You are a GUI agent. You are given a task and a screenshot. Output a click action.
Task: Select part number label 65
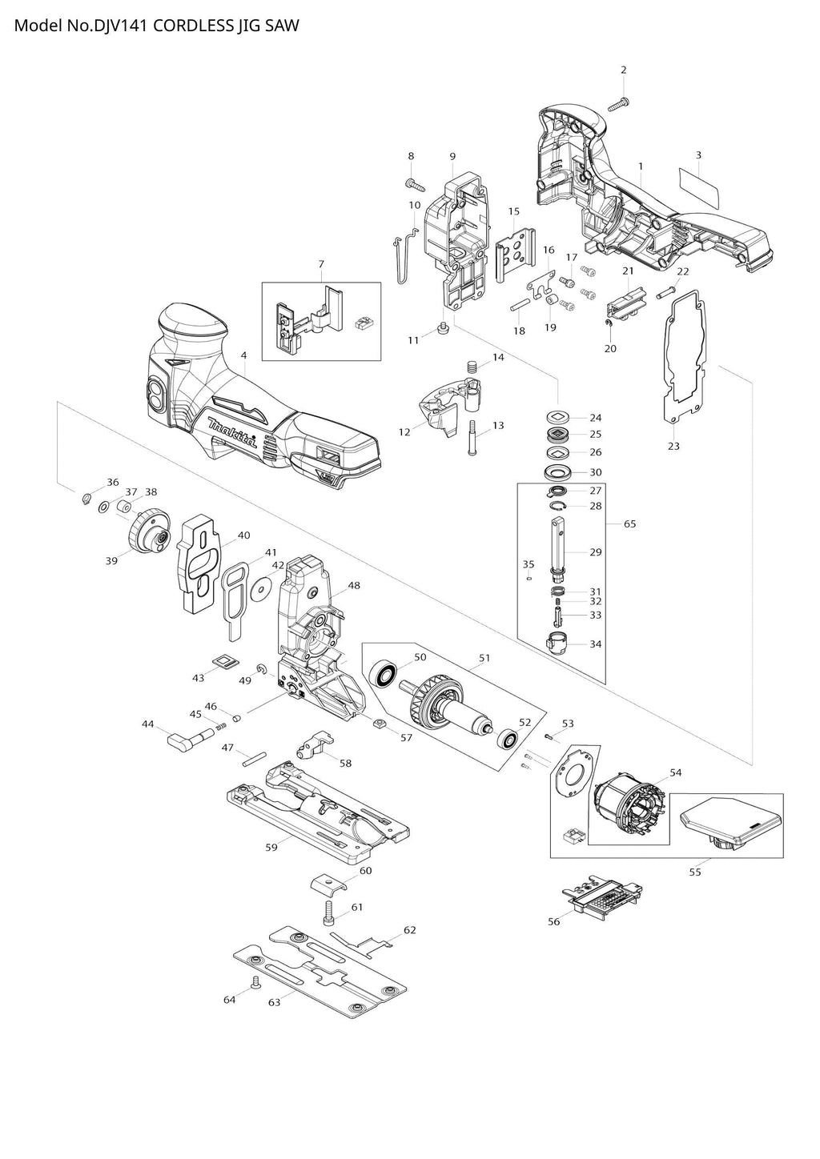click(x=630, y=523)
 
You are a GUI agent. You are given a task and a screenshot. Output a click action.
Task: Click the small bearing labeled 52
click(x=506, y=739)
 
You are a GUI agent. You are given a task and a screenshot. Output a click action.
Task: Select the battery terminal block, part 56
click(x=605, y=896)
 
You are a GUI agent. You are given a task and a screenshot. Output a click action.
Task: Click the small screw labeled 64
click(x=255, y=981)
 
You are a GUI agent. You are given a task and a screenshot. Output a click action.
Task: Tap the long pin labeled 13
click(x=472, y=438)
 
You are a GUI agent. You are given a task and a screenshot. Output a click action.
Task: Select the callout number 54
click(x=675, y=772)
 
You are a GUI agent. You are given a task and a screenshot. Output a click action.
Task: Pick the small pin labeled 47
click(x=255, y=755)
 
